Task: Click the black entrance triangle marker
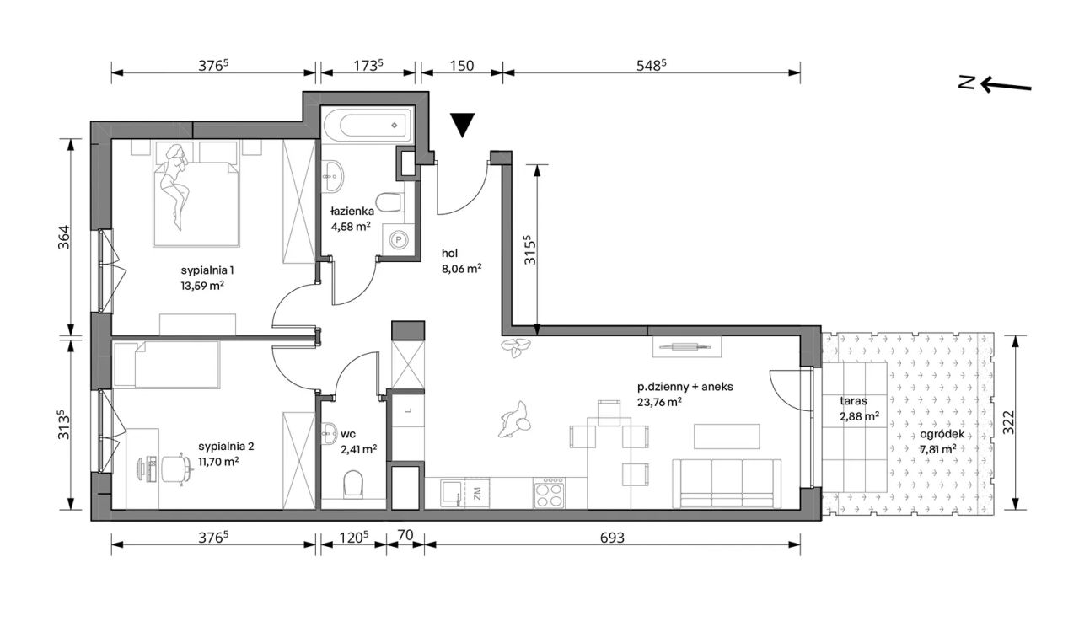tap(463, 124)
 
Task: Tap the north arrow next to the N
tap(1006, 85)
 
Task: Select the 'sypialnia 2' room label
tap(226, 447)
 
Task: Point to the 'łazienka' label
tap(352, 211)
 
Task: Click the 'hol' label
tap(449, 254)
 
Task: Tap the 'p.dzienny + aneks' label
tap(685, 387)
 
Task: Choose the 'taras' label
tap(853, 401)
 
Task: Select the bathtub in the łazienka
tap(368, 125)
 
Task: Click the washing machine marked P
tap(399, 239)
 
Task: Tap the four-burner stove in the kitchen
tap(549, 492)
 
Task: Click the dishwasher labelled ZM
tap(476, 493)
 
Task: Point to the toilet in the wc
tap(353, 484)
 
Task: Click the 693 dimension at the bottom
tap(612, 537)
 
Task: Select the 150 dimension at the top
tap(461, 66)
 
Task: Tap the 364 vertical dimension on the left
tap(63, 238)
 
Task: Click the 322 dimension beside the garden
tap(1007, 422)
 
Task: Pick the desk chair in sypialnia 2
tap(174, 467)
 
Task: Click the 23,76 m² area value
tap(659, 402)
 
